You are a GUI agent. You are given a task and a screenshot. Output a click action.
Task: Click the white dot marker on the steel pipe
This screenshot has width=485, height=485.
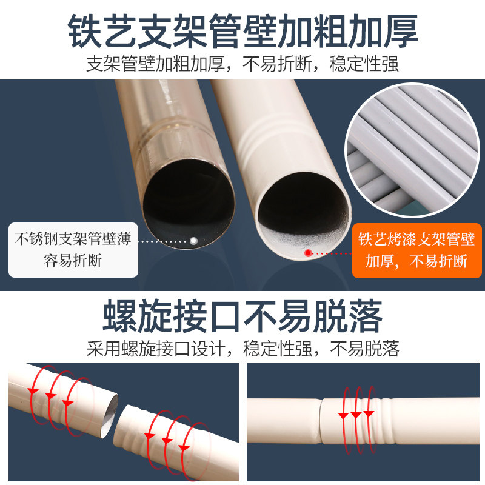click(193, 241)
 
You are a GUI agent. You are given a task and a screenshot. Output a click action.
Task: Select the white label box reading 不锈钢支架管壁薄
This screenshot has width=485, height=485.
click(73, 249)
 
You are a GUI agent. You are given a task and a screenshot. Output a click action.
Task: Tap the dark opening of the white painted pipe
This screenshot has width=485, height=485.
click(303, 209)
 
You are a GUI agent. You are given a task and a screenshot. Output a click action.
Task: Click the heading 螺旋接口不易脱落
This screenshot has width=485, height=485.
click(242, 314)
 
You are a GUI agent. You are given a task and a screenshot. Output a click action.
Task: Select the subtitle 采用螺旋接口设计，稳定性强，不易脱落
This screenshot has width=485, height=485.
click(242, 349)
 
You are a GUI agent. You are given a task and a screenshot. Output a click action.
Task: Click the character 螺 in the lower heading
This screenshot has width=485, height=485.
click(122, 314)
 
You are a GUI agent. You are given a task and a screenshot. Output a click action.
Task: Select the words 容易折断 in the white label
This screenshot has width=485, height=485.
click(73, 261)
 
